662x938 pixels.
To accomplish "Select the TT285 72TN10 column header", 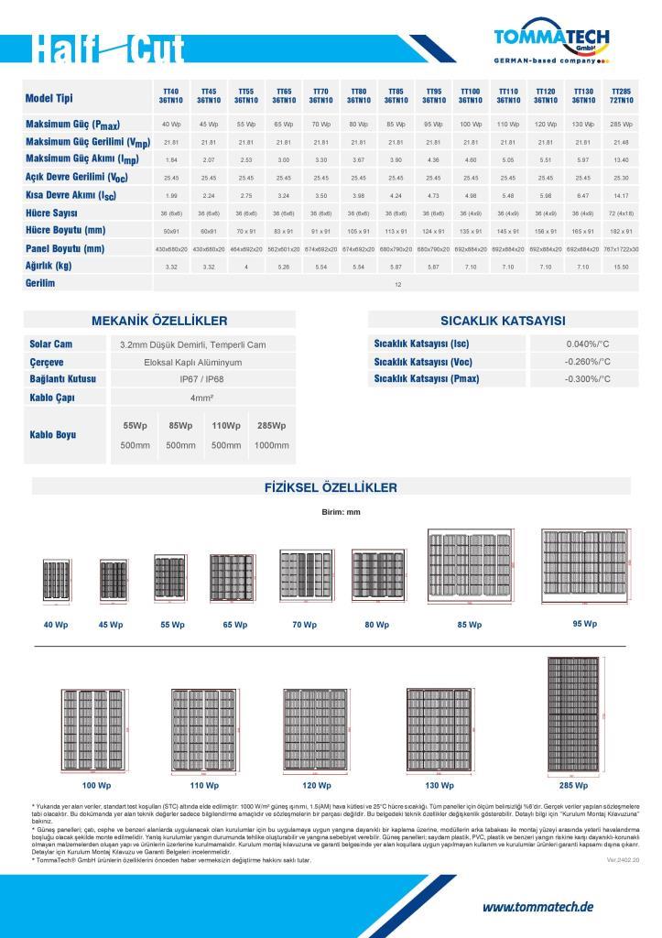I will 621,96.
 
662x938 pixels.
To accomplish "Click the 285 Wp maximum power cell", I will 621,124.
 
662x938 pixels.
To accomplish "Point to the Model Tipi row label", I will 49,98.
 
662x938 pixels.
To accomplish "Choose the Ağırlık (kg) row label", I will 49,266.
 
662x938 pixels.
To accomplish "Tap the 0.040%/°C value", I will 587,344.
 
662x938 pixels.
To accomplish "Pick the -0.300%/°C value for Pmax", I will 587,378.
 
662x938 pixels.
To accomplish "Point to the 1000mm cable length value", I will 271,445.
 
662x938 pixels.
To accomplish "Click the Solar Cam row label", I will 51,344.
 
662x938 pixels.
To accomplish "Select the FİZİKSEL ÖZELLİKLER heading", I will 331,487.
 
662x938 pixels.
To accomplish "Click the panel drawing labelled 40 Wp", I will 57,582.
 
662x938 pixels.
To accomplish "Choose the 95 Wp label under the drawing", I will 584,624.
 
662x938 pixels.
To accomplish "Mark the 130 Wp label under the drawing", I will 440,786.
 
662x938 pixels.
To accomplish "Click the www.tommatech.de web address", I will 537,907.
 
